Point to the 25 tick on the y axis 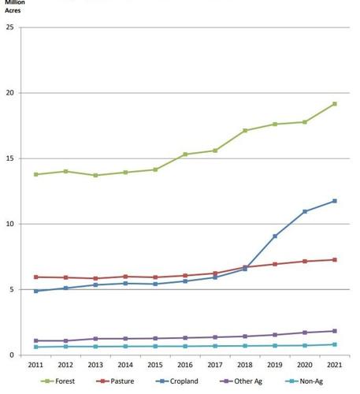click(x=9, y=28)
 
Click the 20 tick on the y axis click(x=9, y=94)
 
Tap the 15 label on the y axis click(x=9, y=159)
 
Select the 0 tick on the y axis click(x=11, y=355)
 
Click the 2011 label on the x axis click(x=35, y=366)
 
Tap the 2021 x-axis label click(x=334, y=366)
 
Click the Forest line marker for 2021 click(x=334, y=104)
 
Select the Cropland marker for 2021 click(x=334, y=201)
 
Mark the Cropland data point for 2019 click(x=275, y=236)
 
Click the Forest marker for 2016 click(x=184, y=154)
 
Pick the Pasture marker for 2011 click(x=35, y=277)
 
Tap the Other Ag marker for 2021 click(x=334, y=331)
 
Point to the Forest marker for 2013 click(x=95, y=175)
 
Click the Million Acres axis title click(x=14, y=7)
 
